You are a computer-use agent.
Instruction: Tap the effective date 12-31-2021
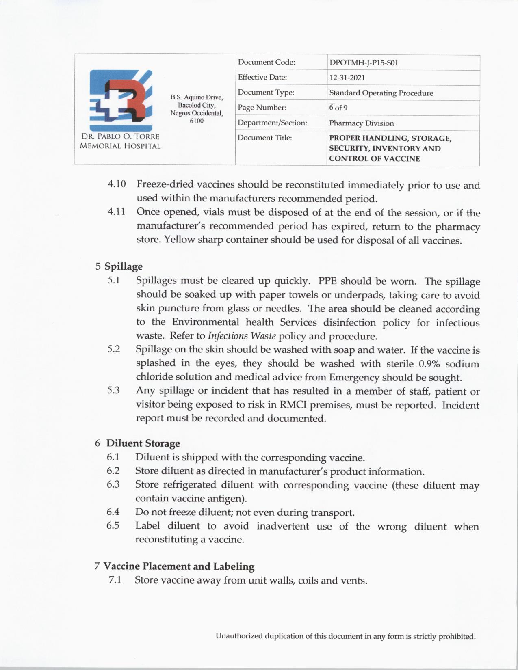[347, 78]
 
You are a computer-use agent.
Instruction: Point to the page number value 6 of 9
[338, 108]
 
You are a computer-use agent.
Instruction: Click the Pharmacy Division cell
[361, 123]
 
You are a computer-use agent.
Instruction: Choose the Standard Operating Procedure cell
[381, 93]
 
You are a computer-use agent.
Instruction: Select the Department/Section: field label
[272, 123]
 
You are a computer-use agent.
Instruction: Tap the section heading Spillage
[124, 266]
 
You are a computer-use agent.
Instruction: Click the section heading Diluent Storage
[143, 443]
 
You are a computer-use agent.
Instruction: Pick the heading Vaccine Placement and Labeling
[179, 566]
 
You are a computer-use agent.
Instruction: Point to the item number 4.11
[117, 212]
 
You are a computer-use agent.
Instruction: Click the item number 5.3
[113, 391]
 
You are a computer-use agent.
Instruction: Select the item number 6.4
[113, 512]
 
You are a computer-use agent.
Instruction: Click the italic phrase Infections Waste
[242, 336]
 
